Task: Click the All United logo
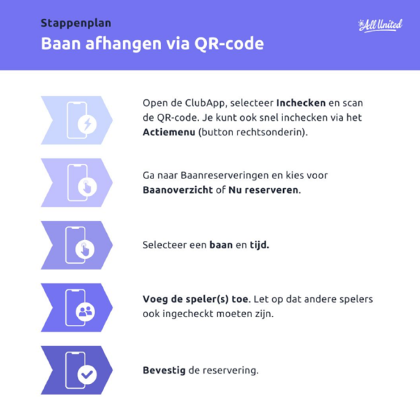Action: pyautogui.click(x=380, y=25)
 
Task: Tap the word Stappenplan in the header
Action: pyautogui.click(x=76, y=23)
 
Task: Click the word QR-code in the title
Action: pyautogui.click(x=229, y=43)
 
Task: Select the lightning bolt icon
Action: pyautogui.click(x=87, y=124)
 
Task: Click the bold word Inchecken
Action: pyautogui.click(x=301, y=103)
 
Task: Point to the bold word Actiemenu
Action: pyautogui.click(x=169, y=132)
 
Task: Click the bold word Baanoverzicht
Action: pyautogui.click(x=177, y=190)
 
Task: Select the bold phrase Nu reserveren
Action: pyautogui.click(x=263, y=190)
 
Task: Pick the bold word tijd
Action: pyautogui.click(x=259, y=245)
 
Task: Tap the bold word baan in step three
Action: pyautogui.click(x=221, y=245)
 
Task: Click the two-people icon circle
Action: pyautogui.click(x=85, y=312)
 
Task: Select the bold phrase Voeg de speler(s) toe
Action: pyautogui.click(x=195, y=299)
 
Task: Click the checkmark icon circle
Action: pyautogui.click(x=87, y=374)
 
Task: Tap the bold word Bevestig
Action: pyautogui.click(x=164, y=370)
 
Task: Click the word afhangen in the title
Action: pyautogui.click(x=123, y=43)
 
